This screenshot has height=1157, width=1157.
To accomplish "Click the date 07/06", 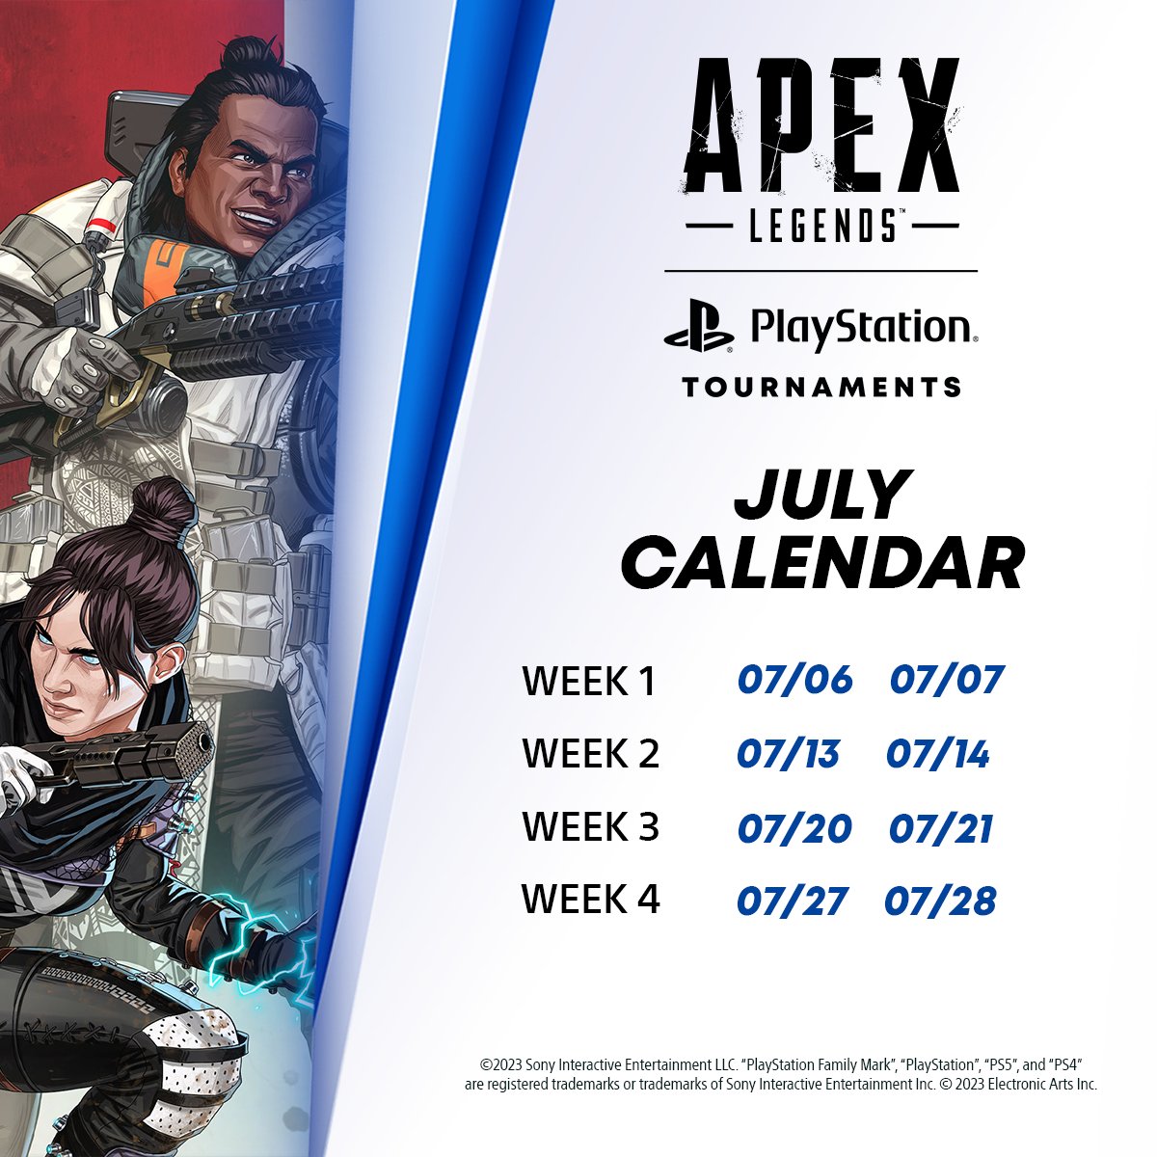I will click(x=795, y=680).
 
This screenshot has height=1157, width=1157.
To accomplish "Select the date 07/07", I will click(x=947, y=680).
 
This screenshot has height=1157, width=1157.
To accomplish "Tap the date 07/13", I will click(x=788, y=754).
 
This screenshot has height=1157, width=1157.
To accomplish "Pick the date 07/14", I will click(x=938, y=754).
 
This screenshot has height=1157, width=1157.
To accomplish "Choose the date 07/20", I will click(x=794, y=828).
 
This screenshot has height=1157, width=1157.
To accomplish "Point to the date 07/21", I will click(x=941, y=828).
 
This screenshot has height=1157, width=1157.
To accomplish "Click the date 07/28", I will click(x=940, y=901).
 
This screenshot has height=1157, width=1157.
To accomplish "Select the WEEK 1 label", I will click(x=589, y=682).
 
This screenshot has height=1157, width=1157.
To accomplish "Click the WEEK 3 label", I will click(x=590, y=827).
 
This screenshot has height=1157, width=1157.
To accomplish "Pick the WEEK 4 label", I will click(x=590, y=900).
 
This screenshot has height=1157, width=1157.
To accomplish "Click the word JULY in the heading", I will click(x=822, y=496).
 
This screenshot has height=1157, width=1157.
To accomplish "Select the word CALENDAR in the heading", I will click(x=822, y=562).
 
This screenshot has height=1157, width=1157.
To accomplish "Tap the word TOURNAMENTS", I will click(x=821, y=388).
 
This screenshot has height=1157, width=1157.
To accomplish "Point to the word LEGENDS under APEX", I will click(x=821, y=228).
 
